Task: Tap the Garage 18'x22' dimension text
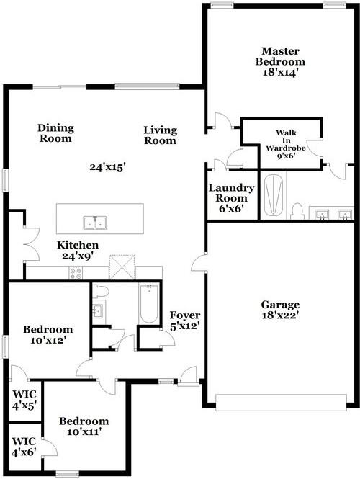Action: [280, 315]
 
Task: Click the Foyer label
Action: [184, 321]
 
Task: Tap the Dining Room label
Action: [55, 133]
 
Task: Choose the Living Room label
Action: [160, 135]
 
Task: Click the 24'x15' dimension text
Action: [107, 167]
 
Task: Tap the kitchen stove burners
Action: [76, 272]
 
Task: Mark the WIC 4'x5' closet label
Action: [24, 400]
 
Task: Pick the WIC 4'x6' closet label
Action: [24, 446]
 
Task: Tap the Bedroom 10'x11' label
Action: [84, 426]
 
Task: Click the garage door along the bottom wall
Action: [282, 401]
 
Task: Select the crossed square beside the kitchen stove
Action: [120, 267]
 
